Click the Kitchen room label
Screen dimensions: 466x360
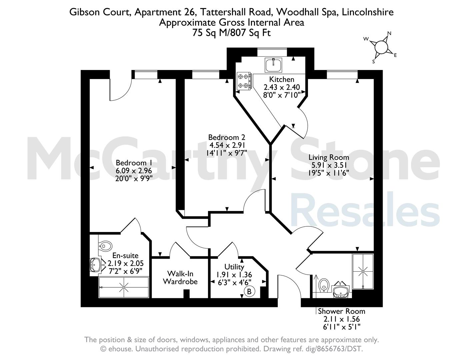coord(281,79)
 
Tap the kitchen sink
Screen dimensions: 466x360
coord(273,65)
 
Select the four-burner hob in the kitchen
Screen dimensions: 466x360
coord(244,81)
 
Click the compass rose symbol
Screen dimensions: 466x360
coord(381,47)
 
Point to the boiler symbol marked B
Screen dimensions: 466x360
coord(249,292)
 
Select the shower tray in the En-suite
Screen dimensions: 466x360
coord(124,287)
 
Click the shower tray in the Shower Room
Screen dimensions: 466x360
coord(363,271)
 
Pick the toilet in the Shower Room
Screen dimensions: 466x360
coord(324,285)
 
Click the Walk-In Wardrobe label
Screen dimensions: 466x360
coord(180,277)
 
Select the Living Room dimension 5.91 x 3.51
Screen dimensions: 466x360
coord(329,165)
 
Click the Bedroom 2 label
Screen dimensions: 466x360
coord(227,137)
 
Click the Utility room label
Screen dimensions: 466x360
coord(234,267)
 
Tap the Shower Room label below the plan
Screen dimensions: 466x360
coord(341,311)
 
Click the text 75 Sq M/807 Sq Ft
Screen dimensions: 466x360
coord(231,33)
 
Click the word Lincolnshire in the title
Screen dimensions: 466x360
coord(368,12)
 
